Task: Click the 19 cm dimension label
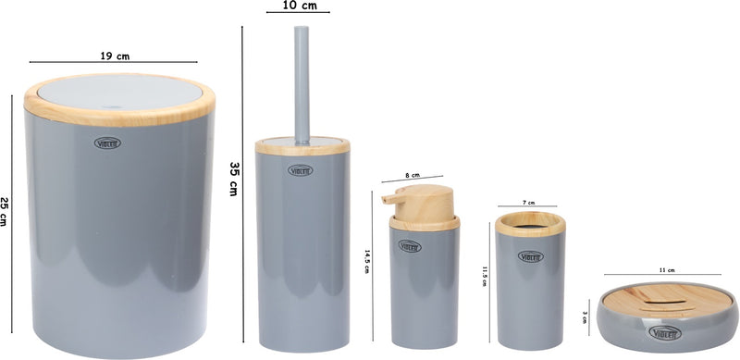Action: coord(116,56)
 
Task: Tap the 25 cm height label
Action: coord(6,212)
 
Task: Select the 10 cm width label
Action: coord(297,6)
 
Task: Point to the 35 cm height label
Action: coord(235,179)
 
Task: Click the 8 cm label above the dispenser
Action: coord(413,174)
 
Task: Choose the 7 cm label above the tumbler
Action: coord(528,201)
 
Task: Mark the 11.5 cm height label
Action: coord(483,278)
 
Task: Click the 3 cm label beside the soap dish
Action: coord(585,317)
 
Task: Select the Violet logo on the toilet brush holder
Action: coord(302,169)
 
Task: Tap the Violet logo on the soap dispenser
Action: coord(410,246)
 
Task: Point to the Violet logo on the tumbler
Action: coord(531,255)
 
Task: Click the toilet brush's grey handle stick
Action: coord(302,83)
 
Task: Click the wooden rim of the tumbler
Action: coord(530,223)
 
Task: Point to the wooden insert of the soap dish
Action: coord(667,298)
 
